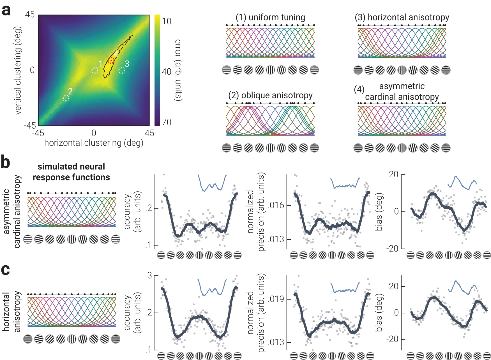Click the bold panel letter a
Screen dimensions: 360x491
6,11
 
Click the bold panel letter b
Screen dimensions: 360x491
5,162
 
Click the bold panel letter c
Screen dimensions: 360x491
5,270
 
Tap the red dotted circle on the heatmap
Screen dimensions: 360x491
111,60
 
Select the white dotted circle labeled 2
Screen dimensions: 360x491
66,98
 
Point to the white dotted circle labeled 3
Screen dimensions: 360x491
121,70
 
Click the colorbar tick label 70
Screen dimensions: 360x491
167,122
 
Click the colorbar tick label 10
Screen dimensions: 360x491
167,21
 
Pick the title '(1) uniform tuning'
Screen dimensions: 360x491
270,17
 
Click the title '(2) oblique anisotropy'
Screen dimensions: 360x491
270,95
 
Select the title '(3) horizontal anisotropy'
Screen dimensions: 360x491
402,17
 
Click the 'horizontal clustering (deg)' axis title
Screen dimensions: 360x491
94,143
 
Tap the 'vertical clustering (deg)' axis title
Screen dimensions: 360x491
18,70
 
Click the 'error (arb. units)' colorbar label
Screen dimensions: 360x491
178,70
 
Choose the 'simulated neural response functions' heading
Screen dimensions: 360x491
71,172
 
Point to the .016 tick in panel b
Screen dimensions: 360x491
276,205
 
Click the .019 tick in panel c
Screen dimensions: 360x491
276,299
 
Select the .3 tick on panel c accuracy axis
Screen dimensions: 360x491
149,276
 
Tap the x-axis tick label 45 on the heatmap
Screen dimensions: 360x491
149,133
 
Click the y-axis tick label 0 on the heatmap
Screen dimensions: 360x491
32,70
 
